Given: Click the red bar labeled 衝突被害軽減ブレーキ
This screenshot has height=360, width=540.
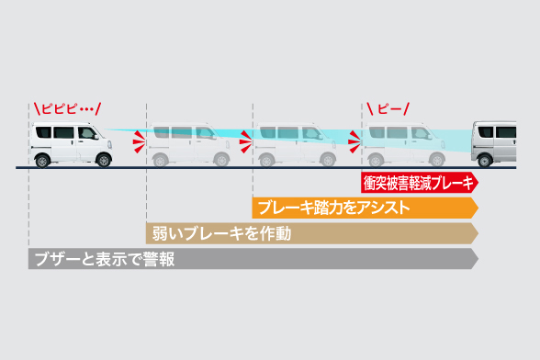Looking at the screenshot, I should point(419,182).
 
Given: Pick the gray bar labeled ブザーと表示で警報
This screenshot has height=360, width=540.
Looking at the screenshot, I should point(252,259).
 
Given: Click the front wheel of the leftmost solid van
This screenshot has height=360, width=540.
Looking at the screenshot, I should point(103,159).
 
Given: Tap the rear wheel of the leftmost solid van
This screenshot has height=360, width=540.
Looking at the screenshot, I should point(43,160).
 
